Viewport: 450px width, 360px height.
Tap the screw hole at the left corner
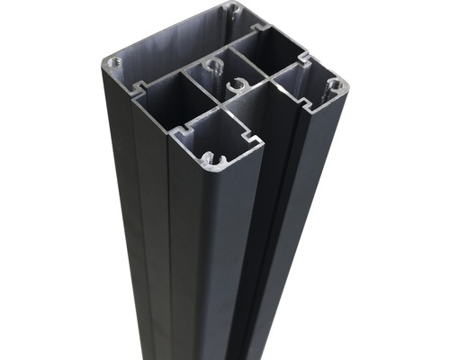point(113,63)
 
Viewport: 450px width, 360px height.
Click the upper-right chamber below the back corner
point(270,52)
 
